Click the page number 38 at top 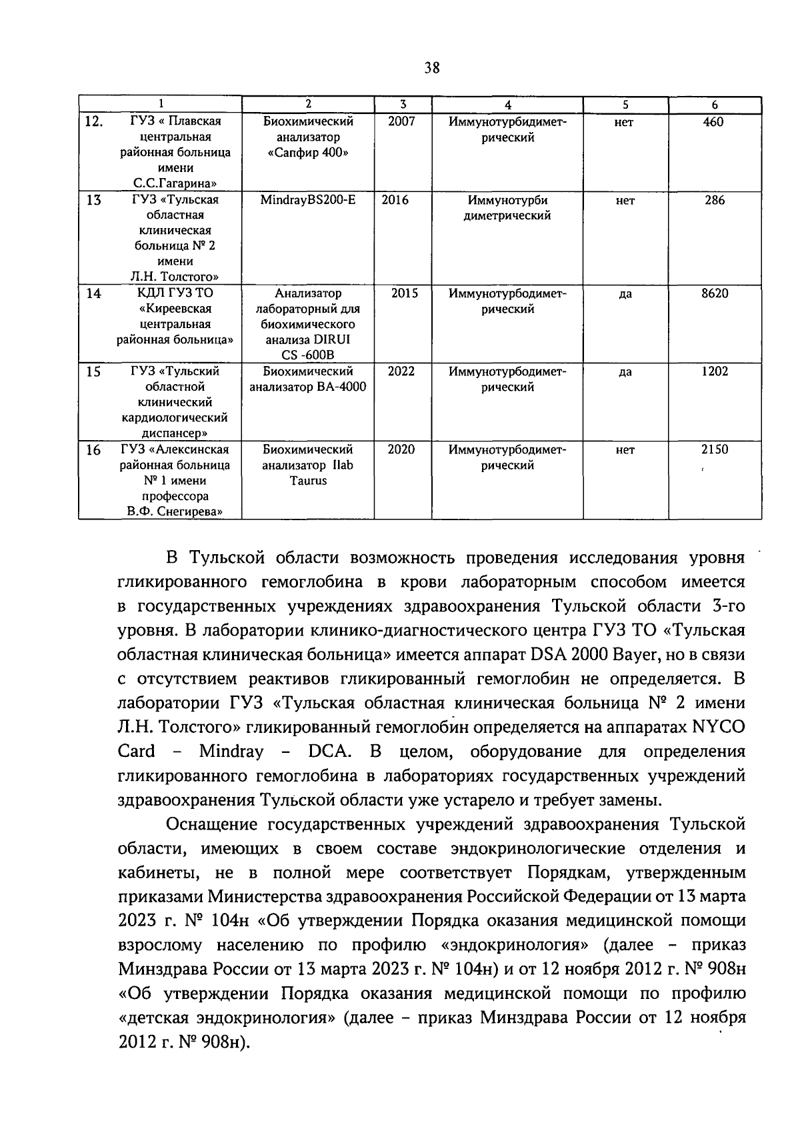tap(431, 67)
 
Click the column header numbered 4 tap(507, 105)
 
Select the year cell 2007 tap(401, 122)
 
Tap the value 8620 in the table tap(715, 293)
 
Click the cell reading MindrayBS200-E tap(308, 200)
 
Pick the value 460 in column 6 tap(713, 122)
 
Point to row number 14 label tap(94, 293)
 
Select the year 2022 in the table tap(401, 371)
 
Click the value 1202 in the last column tap(715, 371)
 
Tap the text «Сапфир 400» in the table tap(307, 153)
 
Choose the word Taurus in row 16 tap(307, 481)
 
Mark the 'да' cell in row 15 tap(625, 372)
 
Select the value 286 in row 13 tap(715, 200)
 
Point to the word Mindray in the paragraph tap(231, 752)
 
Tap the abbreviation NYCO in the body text tap(719, 727)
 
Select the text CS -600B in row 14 tap(307, 355)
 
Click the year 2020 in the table tap(401, 449)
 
